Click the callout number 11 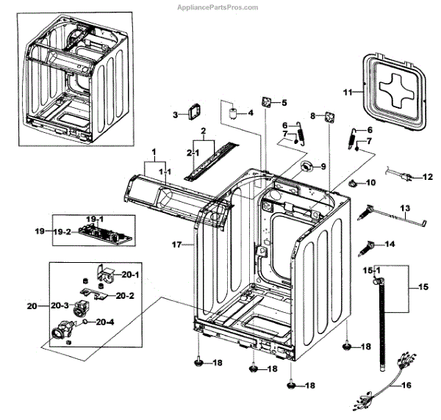coord(348,92)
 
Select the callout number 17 coord(177,242)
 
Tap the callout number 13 coord(405,209)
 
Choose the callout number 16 coord(406,384)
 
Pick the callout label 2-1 coord(193,152)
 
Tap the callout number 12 coord(429,177)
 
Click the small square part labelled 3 coord(195,112)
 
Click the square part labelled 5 coord(264,102)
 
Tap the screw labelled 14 coord(369,245)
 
